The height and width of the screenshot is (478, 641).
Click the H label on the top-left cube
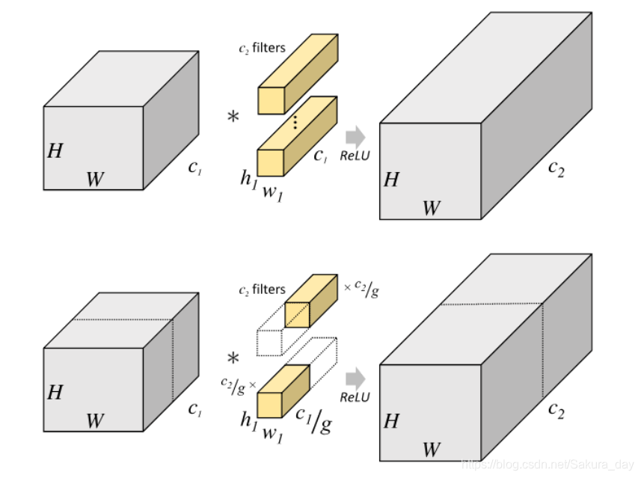click(x=55, y=150)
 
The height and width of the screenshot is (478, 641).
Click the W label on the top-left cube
click(x=94, y=180)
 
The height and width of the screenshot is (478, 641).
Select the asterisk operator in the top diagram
click(x=234, y=117)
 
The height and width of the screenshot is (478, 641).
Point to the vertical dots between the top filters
click(x=295, y=122)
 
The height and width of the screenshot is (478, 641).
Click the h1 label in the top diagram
click(x=247, y=178)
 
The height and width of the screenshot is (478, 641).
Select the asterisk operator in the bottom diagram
click(x=233, y=359)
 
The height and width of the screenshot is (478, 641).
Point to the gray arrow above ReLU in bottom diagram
click(x=355, y=378)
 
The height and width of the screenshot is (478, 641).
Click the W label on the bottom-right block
click(x=431, y=450)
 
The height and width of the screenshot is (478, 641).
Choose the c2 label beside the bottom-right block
click(x=555, y=408)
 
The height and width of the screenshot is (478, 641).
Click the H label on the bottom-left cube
click(x=55, y=391)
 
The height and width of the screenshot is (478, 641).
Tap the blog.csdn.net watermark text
click(x=549, y=465)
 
